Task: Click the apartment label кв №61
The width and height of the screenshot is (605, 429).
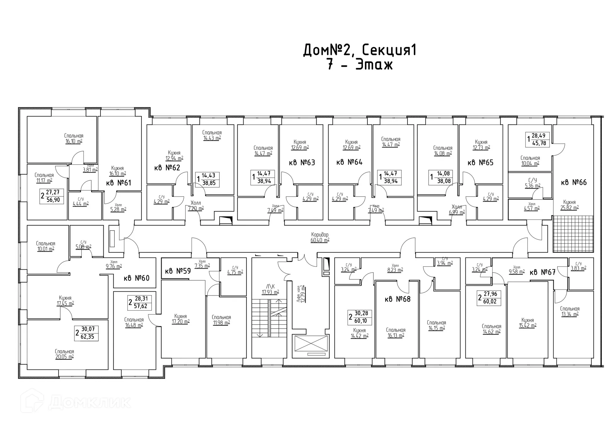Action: [118, 183]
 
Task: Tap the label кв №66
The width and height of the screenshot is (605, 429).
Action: [574, 182]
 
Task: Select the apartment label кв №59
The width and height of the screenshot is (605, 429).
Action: [178, 271]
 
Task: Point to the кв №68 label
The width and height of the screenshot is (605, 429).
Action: [397, 299]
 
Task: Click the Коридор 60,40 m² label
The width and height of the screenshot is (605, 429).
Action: [320, 237]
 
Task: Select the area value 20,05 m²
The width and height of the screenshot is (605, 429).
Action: [64, 357]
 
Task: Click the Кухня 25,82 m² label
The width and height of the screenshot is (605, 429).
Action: [569, 205]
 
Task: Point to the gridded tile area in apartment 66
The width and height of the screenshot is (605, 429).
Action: [573, 234]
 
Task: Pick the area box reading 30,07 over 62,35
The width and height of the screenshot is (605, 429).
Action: [87, 333]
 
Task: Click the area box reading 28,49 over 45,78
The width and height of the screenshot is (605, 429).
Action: [539, 140]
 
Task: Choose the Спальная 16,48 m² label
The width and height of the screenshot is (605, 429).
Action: [134, 323]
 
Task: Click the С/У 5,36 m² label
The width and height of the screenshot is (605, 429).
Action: [533, 183]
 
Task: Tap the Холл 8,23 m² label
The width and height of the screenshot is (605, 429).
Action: [395, 268]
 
